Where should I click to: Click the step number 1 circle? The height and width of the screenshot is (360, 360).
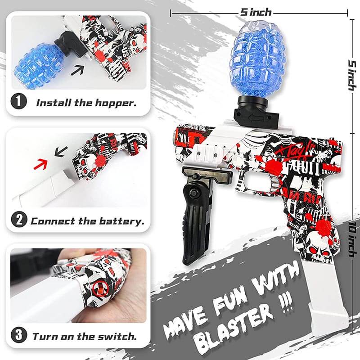click(18, 102)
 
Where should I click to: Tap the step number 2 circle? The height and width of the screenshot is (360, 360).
click(18, 221)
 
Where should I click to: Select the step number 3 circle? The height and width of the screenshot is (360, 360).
click(18, 336)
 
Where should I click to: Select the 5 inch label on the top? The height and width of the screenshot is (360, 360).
click(256, 12)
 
